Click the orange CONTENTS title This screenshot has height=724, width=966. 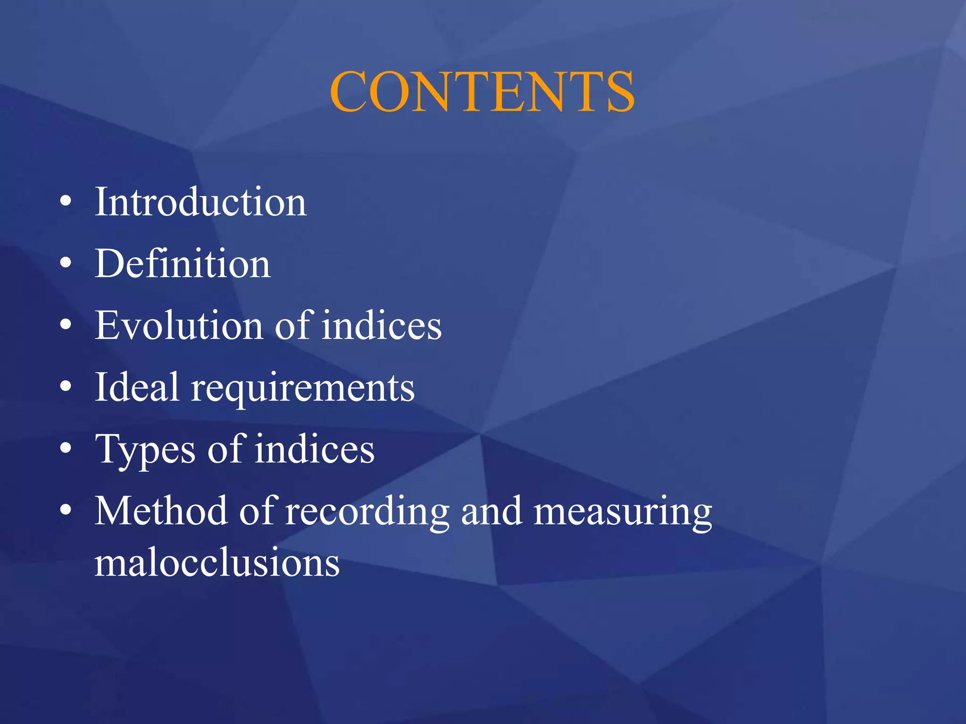click(482, 91)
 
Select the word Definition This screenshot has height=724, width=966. click(183, 263)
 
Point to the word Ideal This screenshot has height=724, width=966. click(137, 387)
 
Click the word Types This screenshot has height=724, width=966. click(145, 450)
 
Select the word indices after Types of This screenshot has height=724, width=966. click(315, 449)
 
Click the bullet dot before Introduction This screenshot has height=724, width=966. click(66, 202)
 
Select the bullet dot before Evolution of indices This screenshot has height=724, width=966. click(66, 326)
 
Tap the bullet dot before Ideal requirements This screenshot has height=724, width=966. click(66, 387)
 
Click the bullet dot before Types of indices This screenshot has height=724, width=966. click(66, 449)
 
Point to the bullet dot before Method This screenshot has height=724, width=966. click(66, 511)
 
